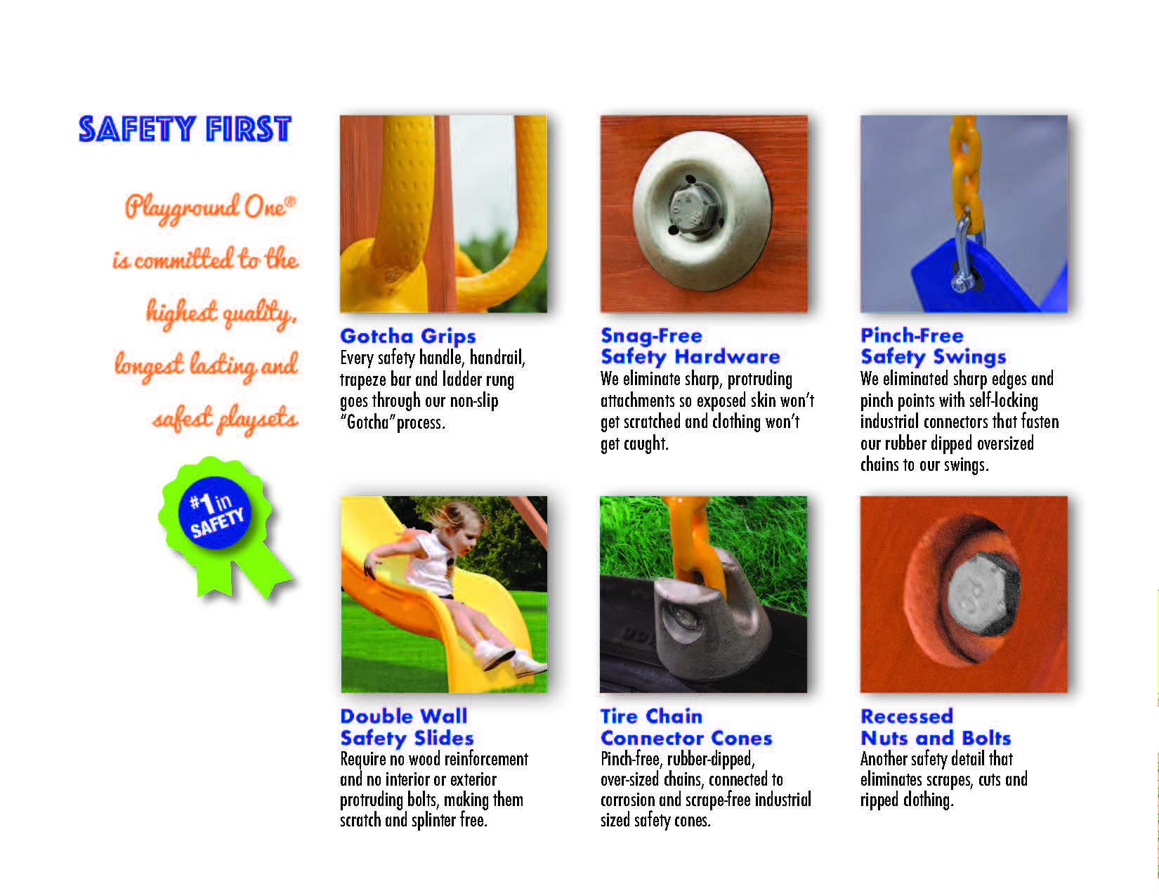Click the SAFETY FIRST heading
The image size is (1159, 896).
click(185, 129)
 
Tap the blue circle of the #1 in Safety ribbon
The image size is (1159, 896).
click(214, 513)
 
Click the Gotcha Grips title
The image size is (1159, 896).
click(408, 337)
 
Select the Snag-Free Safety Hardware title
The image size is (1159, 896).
click(690, 346)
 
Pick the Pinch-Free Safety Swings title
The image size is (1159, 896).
click(934, 346)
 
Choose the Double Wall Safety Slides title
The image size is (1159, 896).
click(407, 727)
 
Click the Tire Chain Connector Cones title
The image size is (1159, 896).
click(686, 727)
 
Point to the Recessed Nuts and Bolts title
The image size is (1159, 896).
click(936, 727)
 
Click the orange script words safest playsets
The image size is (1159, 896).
click(225, 420)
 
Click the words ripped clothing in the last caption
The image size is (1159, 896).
click(906, 800)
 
